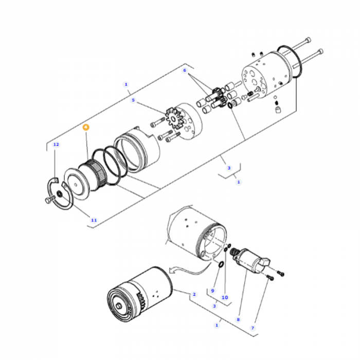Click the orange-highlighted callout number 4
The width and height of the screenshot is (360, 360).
[86, 126]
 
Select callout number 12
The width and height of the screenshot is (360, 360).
[56, 145]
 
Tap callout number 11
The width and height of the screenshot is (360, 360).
[94, 220]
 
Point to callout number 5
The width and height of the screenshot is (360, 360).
[133, 100]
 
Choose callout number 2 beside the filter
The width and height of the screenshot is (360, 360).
[194, 295]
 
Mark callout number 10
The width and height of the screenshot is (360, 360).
[225, 297]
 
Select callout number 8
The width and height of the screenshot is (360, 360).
[238, 319]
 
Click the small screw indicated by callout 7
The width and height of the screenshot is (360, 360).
[269, 278]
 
